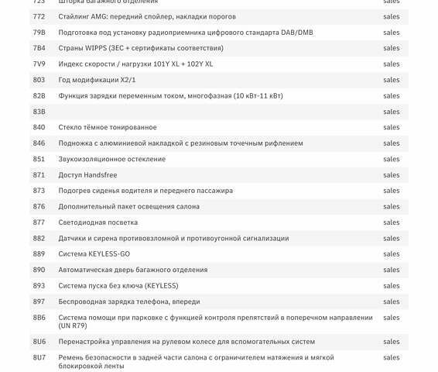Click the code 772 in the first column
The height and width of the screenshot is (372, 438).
(39, 16)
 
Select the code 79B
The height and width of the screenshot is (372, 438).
(39, 33)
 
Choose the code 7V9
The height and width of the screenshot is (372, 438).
(39, 64)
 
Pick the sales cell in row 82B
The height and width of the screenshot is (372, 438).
(392, 96)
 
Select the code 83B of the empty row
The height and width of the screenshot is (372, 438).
(39, 112)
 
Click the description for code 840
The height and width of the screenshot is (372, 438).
(108, 127)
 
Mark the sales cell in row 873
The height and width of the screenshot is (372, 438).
(392, 191)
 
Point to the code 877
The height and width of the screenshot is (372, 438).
(39, 222)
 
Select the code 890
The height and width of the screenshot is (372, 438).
(39, 270)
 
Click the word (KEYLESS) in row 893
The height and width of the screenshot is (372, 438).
(161, 286)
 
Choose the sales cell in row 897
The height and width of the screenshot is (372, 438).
(392, 301)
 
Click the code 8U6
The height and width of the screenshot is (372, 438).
(39, 342)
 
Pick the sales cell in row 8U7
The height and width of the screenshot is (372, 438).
(392, 357)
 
